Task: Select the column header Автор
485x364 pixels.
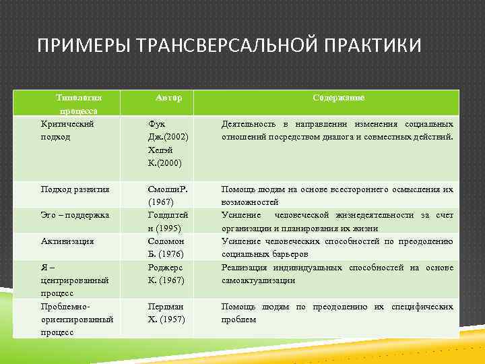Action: [x=168, y=98]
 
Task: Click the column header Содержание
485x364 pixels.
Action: [x=338, y=98]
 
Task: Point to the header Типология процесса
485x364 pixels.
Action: [x=79, y=104]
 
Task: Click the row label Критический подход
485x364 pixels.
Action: [x=67, y=130]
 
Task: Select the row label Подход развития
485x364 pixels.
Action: [x=75, y=189]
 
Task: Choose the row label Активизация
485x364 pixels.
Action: [x=67, y=241]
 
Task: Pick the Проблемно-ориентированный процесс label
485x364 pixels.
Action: [x=76, y=318]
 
